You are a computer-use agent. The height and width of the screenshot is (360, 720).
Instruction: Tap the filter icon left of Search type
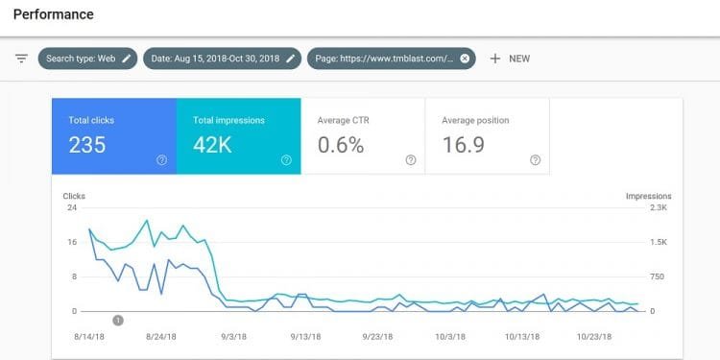[21, 59]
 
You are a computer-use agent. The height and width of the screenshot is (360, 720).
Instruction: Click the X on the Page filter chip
[465, 59]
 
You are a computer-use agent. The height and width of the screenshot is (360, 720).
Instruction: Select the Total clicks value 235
[87, 145]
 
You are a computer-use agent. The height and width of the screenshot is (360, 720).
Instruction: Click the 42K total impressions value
[213, 145]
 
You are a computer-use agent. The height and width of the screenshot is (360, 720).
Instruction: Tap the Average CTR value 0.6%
[341, 145]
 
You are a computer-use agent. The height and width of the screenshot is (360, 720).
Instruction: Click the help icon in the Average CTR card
[411, 160]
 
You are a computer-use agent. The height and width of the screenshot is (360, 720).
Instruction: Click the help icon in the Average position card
[535, 160]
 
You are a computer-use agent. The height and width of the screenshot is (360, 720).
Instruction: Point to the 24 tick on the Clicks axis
[72, 207]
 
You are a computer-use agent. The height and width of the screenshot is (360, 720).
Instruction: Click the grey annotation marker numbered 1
[118, 320]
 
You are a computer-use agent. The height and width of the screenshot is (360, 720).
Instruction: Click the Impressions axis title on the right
[648, 196]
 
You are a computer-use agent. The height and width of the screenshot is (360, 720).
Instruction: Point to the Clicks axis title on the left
[74, 196]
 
